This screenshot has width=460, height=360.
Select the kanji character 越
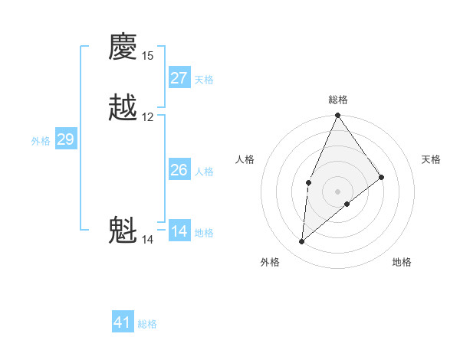pos(123,107)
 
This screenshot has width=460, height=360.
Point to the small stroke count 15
pos(148,56)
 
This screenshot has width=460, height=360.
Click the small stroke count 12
pos(148,117)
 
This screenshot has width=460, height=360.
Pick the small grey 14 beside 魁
pos(148,240)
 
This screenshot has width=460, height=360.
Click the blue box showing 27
pos(179,78)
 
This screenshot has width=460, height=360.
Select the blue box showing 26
pos(179,170)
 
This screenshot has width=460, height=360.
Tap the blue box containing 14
pos(179,231)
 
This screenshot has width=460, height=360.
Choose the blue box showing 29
pos(65,139)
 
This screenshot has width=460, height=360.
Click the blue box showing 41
pos(123,322)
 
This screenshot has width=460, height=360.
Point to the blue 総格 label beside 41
pos(147,324)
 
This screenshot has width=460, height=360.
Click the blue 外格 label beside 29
pos(41,141)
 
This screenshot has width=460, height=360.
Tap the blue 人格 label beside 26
pos(205,172)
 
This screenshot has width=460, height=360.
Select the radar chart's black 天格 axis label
pos(432,159)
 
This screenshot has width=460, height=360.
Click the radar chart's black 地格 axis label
pos(402,263)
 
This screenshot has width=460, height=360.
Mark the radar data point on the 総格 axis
pos(337,116)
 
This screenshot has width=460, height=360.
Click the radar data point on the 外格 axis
pos(302,242)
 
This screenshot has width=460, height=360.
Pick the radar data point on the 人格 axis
pos(308,182)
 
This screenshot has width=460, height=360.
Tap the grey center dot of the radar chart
pos(337,191)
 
